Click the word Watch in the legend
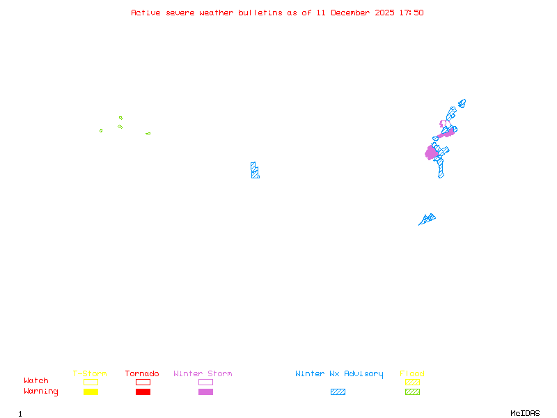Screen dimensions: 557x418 (x=36, y=381)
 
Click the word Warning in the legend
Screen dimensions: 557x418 (x=41, y=392)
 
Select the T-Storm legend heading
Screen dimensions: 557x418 (x=90, y=374)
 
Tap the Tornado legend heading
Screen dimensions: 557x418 (x=142, y=374)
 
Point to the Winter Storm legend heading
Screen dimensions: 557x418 (x=203, y=374)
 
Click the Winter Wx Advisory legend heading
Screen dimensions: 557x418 (x=339, y=374)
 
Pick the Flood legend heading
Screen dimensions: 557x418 (x=412, y=374)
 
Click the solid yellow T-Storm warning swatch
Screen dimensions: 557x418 (x=91, y=392)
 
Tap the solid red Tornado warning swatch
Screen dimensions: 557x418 (x=143, y=392)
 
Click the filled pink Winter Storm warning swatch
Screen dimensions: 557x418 (x=205, y=392)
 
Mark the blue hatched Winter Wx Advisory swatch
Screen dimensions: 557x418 (x=338, y=392)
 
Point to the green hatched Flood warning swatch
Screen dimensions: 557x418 (x=412, y=392)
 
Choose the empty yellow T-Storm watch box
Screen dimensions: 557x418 (x=91, y=382)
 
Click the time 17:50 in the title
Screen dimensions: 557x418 (x=411, y=13)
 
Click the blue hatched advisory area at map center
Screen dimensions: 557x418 (x=255, y=171)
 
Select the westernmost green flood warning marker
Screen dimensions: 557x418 (x=101, y=130)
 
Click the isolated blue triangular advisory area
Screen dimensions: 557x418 (x=427, y=219)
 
